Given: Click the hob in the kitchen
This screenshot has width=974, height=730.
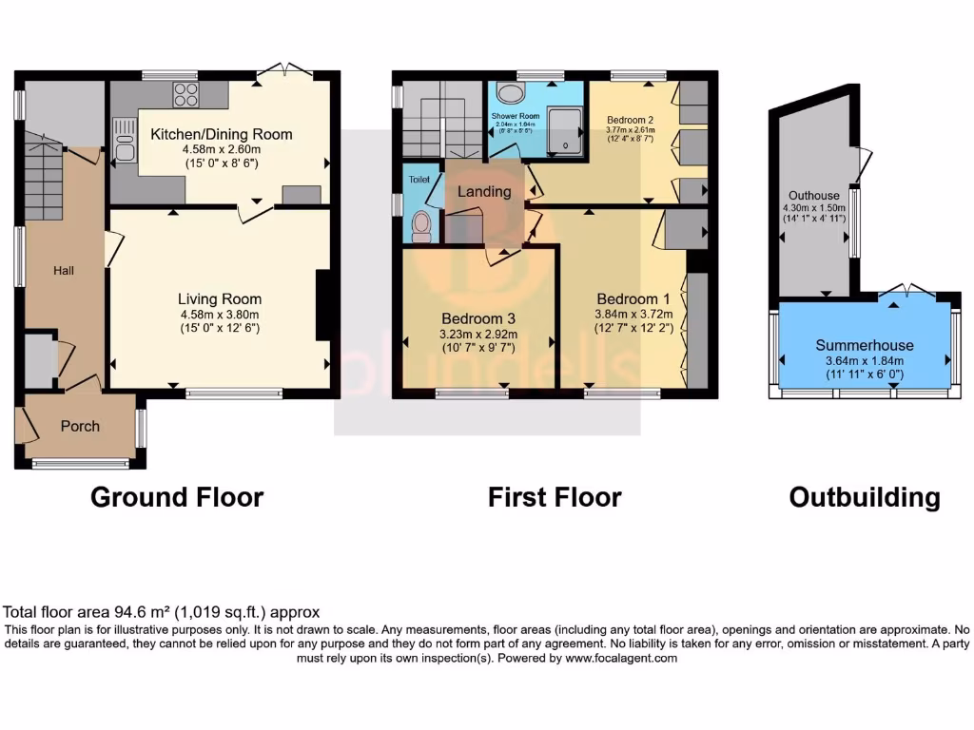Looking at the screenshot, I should [x=185, y=95].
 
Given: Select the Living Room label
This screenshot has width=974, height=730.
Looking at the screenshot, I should [x=219, y=298].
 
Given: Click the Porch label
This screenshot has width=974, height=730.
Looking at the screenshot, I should [x=80, y=426].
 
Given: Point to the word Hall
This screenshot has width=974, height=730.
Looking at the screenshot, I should [x=64, y=271].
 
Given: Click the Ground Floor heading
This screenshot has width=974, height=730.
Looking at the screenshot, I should [x=177, y=496].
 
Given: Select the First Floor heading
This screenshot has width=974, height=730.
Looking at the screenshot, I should [x=555, y=496].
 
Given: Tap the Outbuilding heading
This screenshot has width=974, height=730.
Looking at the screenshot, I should [x=865, y=497].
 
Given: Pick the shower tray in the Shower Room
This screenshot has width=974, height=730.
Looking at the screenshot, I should [x=566, y=129].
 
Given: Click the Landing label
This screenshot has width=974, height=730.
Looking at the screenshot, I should [x=484, y=191].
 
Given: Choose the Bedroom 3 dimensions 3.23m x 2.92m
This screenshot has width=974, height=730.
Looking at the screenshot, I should [x=478, y=334].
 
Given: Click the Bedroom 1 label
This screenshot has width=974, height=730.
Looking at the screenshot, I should [x=633, y=298].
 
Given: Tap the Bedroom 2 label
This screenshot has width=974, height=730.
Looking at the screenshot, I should [x=631, y=120].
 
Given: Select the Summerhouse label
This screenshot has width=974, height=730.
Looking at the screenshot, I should [x=865, y=345].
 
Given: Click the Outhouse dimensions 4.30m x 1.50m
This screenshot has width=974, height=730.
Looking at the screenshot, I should [x=810, y=208].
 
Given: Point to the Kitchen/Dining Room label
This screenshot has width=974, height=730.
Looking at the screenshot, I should [x=222, y=134].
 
